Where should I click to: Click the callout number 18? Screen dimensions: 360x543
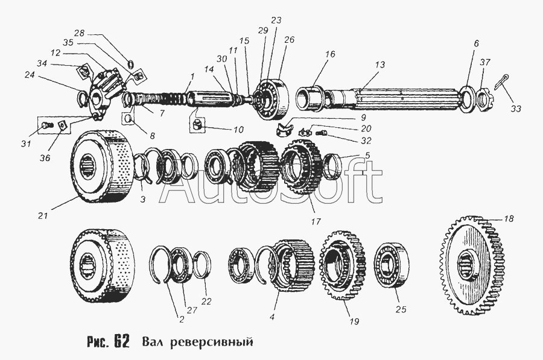(x=509, y=219)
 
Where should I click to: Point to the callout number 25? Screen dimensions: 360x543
(x=399, y=310)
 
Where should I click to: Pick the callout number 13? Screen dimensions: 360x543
(x=379, y=65)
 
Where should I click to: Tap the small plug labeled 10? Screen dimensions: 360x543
(x=197, y=126)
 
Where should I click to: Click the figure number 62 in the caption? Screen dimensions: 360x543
(x=120, y=341)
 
